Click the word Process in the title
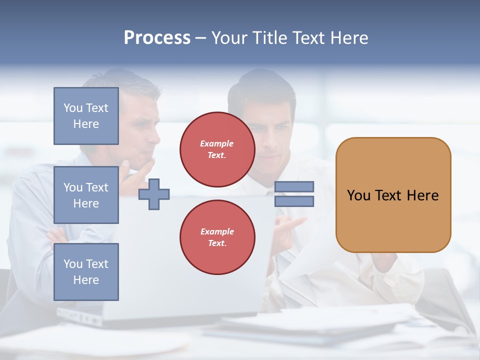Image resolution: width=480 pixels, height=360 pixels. [x=157, y=38]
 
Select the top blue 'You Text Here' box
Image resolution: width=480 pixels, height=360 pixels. [x=86, y=116]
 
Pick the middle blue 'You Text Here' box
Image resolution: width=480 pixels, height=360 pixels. [x=86, y=195]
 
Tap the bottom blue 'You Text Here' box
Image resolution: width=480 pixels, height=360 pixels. [x=86, y=271]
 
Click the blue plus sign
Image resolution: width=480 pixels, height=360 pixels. [x=154, y=194]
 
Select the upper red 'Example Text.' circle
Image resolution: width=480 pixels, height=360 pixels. [x=217, y=149]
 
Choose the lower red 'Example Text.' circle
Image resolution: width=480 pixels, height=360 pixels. [x=217, y=237]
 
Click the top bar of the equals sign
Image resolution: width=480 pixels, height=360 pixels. [x=294, y=187]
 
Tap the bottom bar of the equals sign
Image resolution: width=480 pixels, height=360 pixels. [x=294, y=201]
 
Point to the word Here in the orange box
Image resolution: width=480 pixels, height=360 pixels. [x=422, y=195]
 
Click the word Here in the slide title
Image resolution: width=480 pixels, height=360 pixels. [x=347, y=38]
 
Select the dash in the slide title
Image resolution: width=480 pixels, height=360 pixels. [x=201, y=38]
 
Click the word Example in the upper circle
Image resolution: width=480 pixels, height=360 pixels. [x=217, y=143]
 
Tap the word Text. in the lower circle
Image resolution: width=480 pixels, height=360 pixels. [x=217, y=243]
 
